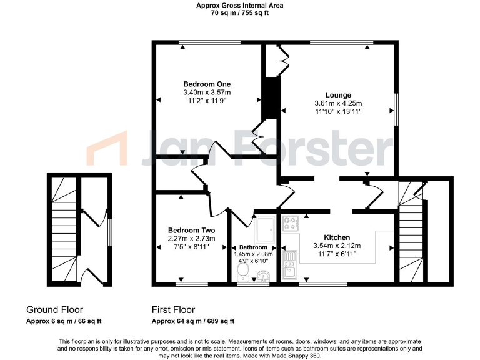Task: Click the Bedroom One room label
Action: [x=207, y=84]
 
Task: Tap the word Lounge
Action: [x=338, y=95]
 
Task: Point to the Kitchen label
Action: [x=337, y=237]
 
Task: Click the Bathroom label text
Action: [x=253, y=247]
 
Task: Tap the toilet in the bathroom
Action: [x=242, y=272]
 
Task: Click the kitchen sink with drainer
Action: [x=291, y=264]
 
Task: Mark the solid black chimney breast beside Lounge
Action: [x=271, y=97]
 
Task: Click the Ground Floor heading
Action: [x=54, y=310]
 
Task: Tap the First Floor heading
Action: [x=173, y=310]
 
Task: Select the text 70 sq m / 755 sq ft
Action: [x=240, y=12]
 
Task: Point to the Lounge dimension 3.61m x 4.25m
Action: [x=338, y=103]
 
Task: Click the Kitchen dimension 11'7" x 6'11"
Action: [x=337, y=254]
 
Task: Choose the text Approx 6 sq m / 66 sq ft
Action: [x=64, y=321]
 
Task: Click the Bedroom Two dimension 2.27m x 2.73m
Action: [x=191, y=239]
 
